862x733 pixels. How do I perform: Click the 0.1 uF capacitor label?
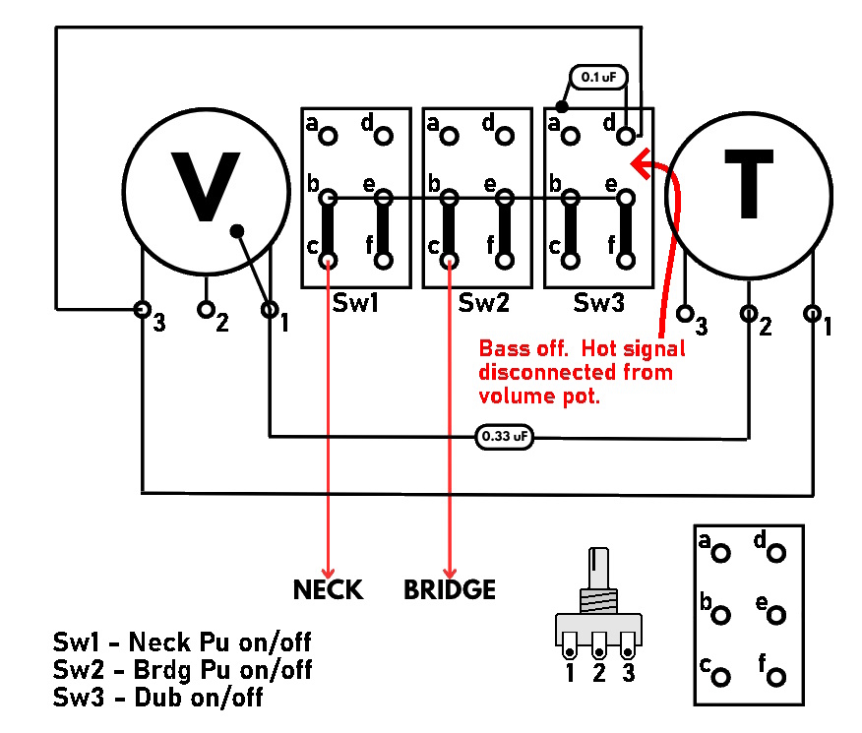pyautogui.click(x=598, y=77)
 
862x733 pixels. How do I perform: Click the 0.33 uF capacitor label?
pyautogui.click(x=504, y=437)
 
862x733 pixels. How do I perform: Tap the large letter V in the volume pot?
pyautogui.click(x=206, y=186)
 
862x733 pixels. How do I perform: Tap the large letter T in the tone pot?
pyautogui.click(x=749, y=184)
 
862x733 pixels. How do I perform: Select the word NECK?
pyautogui.click(x=329, y=590)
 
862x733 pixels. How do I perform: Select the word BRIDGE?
pyautogui.click(x=450, y=590)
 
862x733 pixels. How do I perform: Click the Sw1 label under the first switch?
pyautogui.click(x=355, y=303)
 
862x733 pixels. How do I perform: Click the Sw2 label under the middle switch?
pyautogui.click(x=484, y=303)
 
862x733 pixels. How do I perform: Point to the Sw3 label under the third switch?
pyautogui.click(x=598, y=303)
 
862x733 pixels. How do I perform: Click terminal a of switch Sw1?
pyautogui.click(x=329, y=135)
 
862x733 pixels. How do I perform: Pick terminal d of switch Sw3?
pyautogui.click(x=626, y=135)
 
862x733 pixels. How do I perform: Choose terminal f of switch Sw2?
pyautogui.click(x=505, y=260)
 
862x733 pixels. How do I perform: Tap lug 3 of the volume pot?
pyautogui.click(x=143, y=310)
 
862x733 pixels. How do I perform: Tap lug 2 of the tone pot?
pyautogui.click(x=748, y=314)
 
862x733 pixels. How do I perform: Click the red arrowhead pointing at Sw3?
pyautogui.click(x=641, y=163)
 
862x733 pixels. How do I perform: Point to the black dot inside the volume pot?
pyautogui.click(x=237, y=231)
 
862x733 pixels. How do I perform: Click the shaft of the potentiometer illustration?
pyautogui.click(x=598, y=568)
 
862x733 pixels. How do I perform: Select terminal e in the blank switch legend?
pyautogui.click(x=775, y=615)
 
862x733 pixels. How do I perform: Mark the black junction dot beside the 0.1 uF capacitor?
pyautogui.click(x=561, y=106)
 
